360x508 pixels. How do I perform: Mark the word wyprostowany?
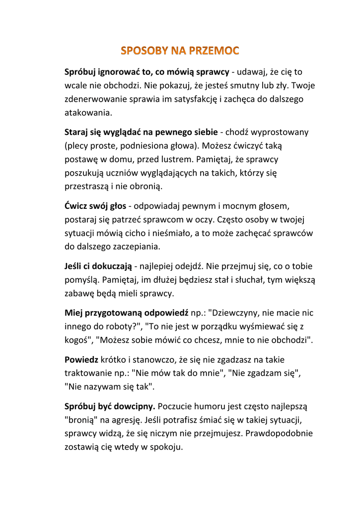280,132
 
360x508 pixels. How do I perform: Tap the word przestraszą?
87,187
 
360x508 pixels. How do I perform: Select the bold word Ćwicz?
75,206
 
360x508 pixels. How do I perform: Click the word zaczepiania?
147,247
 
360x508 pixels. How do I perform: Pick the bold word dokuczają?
110,266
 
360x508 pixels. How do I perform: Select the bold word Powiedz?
81,359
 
